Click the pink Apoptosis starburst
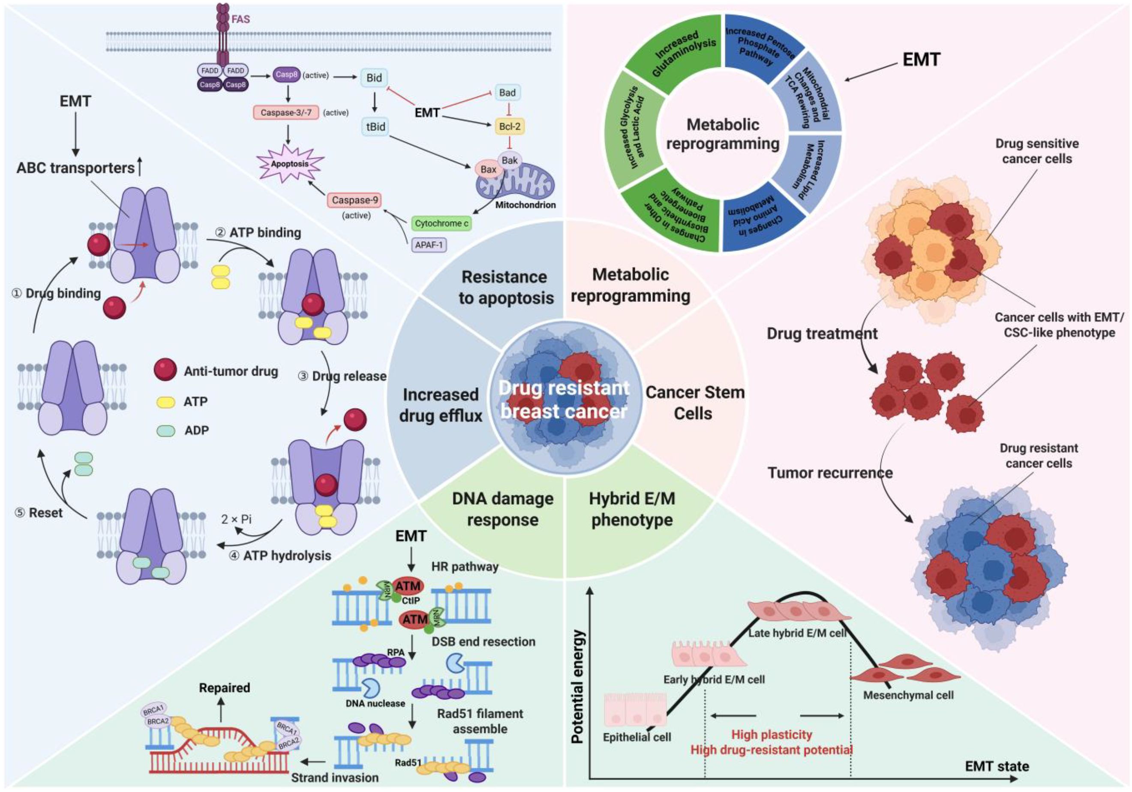coord(290,164)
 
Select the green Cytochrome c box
coord(441,223)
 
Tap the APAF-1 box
coord(429,244)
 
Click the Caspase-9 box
coord(354,200)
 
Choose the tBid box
coord(375,127)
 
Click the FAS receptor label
coord(240,20)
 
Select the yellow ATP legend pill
coord(165,402)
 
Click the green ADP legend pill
coord(165,431)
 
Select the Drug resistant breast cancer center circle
coord(564,400)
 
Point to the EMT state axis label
coord(997,766)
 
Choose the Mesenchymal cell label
coord(908,696)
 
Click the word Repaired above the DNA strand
coord(224,687)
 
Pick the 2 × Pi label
coord(236,519)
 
